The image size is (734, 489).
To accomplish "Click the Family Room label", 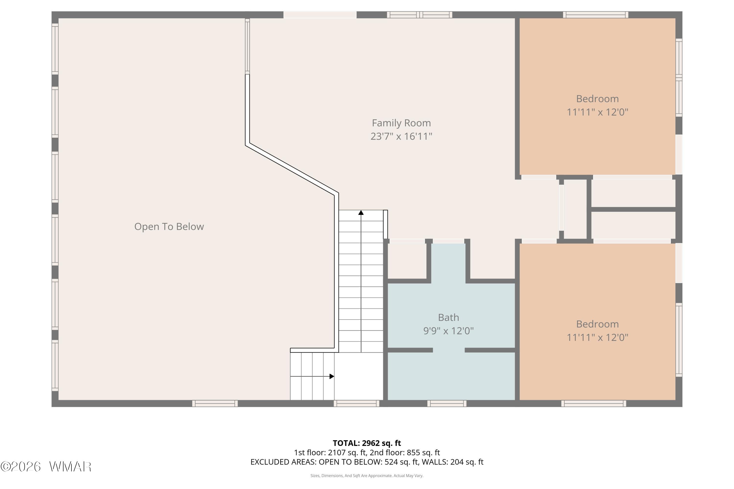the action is tap(401, 123).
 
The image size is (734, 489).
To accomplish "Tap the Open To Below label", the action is tap(169, 226).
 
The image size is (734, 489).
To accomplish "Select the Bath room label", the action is tap(448, 317).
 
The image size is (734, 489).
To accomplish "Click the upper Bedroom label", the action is tap(597, 99).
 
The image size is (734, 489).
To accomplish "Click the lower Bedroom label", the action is tap(597, 324).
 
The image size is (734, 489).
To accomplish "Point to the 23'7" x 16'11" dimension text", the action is tap(401, 136).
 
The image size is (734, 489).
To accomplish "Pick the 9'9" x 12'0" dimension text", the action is tap(448, 331).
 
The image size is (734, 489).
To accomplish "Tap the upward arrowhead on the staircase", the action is tap(361, 213).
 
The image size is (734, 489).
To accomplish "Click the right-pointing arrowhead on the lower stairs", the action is tap(332, 377).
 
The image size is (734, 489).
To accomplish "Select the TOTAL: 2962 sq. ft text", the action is tap(367, 443).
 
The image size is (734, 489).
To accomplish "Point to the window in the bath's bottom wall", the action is tap(447, 404).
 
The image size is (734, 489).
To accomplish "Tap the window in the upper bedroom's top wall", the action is tap(596, 15).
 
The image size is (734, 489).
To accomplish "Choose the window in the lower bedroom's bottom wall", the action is tap(594, 404).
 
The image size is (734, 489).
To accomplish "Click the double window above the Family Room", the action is tap(420, 15).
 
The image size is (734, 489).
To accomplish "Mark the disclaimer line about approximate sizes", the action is tap(367, 476).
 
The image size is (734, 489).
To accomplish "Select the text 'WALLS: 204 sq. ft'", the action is tap(452, 462).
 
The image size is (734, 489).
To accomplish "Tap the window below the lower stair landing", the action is tap(356, 404).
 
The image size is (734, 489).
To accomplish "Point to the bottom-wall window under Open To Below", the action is tap(215, 404).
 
